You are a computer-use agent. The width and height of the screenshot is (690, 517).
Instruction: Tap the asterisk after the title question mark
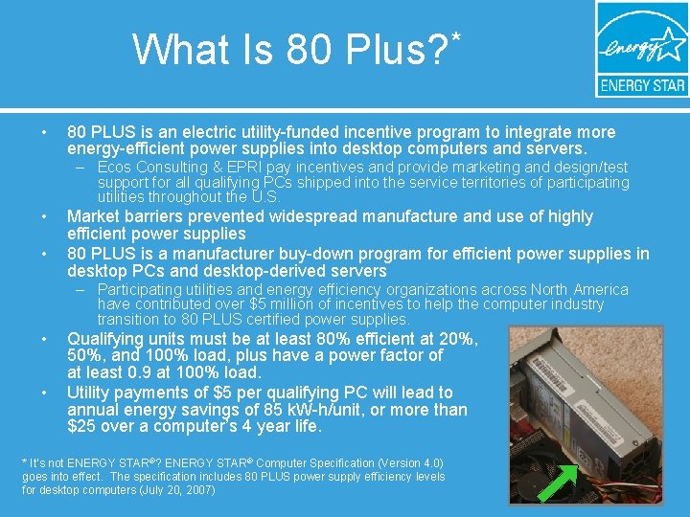tap(456, 38)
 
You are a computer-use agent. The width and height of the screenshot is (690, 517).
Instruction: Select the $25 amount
tap(80, 427)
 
